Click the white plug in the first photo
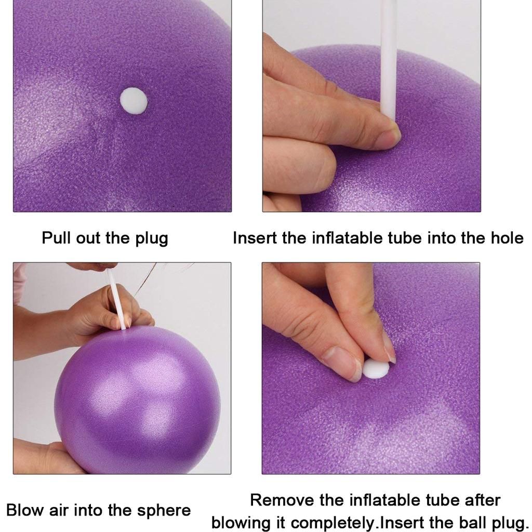click(x=134, y=101)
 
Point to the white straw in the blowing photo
click(x=117, y=299)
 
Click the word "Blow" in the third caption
click(x=25, y=510)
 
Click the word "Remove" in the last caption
click(x=282, y=500)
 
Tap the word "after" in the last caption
click(x=482, y=500)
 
